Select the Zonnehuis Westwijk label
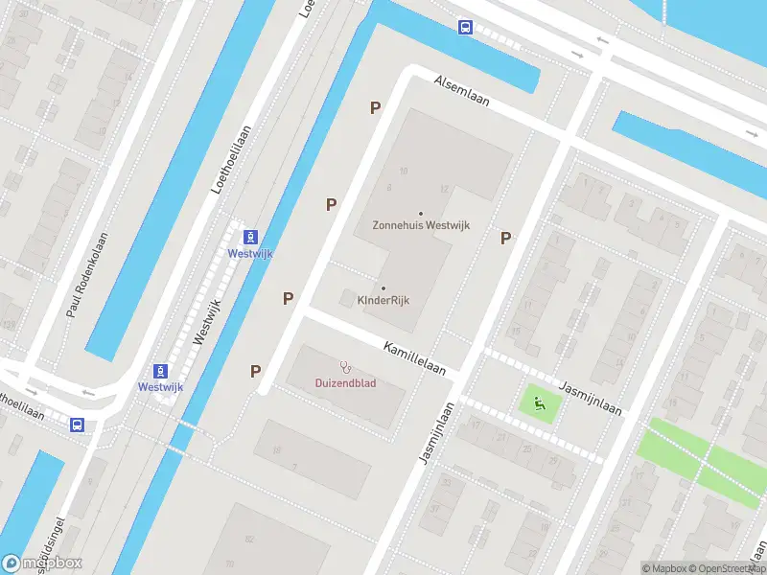[420, 226]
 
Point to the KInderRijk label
[383, 300]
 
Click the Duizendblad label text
[345, 383]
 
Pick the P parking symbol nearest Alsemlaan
[375, 108]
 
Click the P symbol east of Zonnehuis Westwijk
[504, 239]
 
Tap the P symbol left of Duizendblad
[256, 371]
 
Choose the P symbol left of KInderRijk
[288, 299]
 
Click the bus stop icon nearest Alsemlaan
[465, 28]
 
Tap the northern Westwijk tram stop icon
[249, 237]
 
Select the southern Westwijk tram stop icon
[160, 371]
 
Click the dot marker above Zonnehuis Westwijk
[420, 213]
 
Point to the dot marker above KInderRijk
[383, 287]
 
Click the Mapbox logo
[41, 563]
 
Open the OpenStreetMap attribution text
[726, 568]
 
